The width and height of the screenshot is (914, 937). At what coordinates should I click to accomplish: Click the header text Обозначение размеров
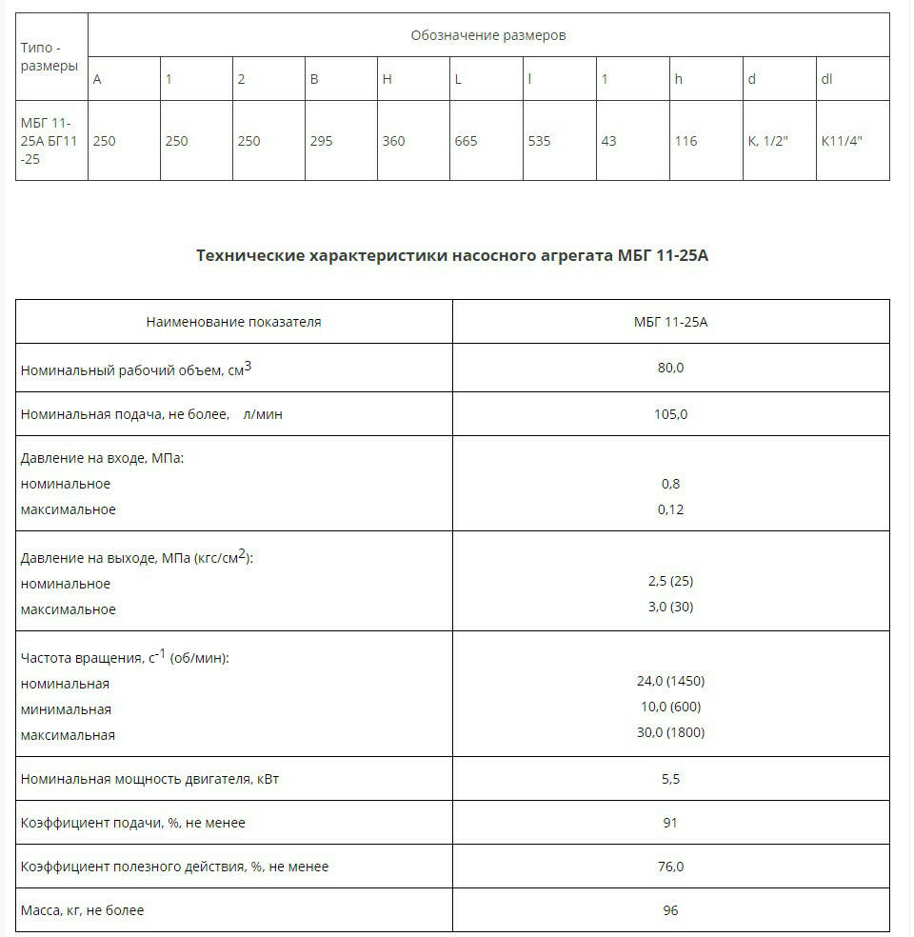point(488,35)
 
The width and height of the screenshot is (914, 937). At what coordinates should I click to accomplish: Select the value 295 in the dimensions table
point(321,141)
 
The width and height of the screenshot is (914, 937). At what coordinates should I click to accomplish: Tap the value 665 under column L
point(466,141)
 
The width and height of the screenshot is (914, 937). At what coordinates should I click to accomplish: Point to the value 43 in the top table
point(608,141)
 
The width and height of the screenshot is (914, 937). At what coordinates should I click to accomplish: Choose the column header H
point(387,79)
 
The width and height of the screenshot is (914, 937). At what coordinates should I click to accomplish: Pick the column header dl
point(826,79)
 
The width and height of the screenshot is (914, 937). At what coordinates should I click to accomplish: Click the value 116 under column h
point(685,141)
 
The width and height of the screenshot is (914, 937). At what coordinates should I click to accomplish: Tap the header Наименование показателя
point(233,322)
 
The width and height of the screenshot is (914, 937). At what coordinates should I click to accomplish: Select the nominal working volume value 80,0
point(670,368)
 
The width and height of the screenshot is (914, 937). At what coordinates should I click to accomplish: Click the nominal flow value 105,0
point(670,414)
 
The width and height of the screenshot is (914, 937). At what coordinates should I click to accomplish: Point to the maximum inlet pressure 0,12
point(670,509)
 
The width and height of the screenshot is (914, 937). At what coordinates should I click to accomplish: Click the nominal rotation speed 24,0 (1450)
point(670,681)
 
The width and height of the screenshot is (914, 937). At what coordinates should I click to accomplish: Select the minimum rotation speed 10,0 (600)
point(670,707)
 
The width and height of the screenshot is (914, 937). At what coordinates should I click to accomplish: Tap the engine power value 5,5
point(670,779)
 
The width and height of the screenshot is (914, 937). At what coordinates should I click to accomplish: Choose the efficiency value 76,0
point(670,867)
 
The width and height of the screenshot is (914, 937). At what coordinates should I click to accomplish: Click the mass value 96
point(670,910)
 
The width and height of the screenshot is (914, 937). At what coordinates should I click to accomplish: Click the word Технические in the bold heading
point(250,256)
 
